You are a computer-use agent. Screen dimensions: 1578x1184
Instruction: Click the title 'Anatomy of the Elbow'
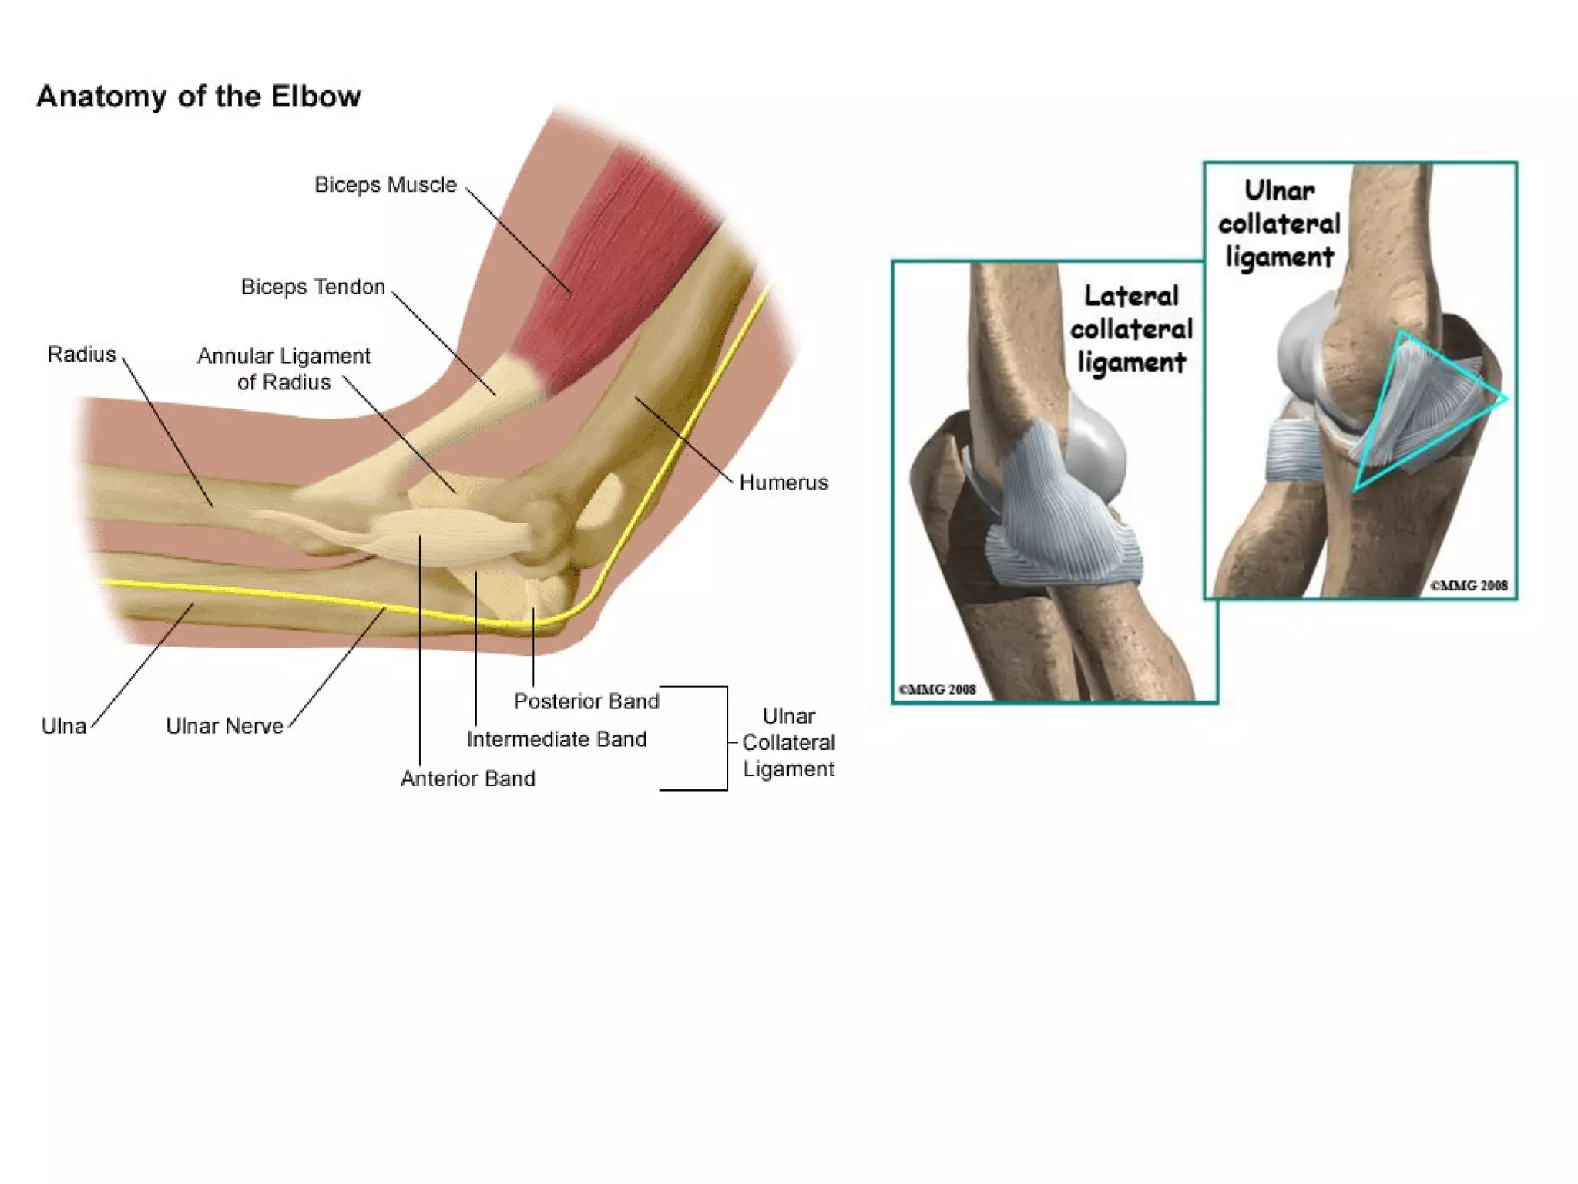[x=198, y=97]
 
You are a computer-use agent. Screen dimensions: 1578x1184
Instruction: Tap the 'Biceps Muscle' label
[x=385, y=185]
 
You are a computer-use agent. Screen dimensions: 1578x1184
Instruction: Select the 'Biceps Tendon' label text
[x=313, y=287]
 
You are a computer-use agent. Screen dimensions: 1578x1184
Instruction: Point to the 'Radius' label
[x=82, y=355]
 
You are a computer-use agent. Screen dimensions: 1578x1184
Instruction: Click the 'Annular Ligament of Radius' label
[x=284, y=369]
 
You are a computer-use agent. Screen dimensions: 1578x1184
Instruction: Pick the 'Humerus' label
[x=783, y=483]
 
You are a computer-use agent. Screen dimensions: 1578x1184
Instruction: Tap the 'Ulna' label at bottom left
[x=63, y=726]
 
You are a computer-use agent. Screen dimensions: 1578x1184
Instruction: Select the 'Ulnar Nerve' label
[x=224, y=726]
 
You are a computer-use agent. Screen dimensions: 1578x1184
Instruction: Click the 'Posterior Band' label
[x=586, y=701]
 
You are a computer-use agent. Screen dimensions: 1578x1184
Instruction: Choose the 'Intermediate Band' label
[x=556, y=739]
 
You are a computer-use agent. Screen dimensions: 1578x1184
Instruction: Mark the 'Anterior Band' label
[x=468, y=779]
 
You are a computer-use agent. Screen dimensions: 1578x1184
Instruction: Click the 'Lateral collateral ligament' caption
[x=1130, y=329]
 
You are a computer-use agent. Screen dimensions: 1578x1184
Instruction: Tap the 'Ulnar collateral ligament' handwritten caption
[x=1279, y=224]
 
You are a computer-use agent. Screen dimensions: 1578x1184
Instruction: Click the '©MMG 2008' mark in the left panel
[x=937, y=689]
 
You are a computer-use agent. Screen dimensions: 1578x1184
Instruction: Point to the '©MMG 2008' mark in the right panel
[x=1469, y=586]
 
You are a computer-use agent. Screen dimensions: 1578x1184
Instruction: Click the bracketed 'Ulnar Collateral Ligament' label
[x=788, y=742]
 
